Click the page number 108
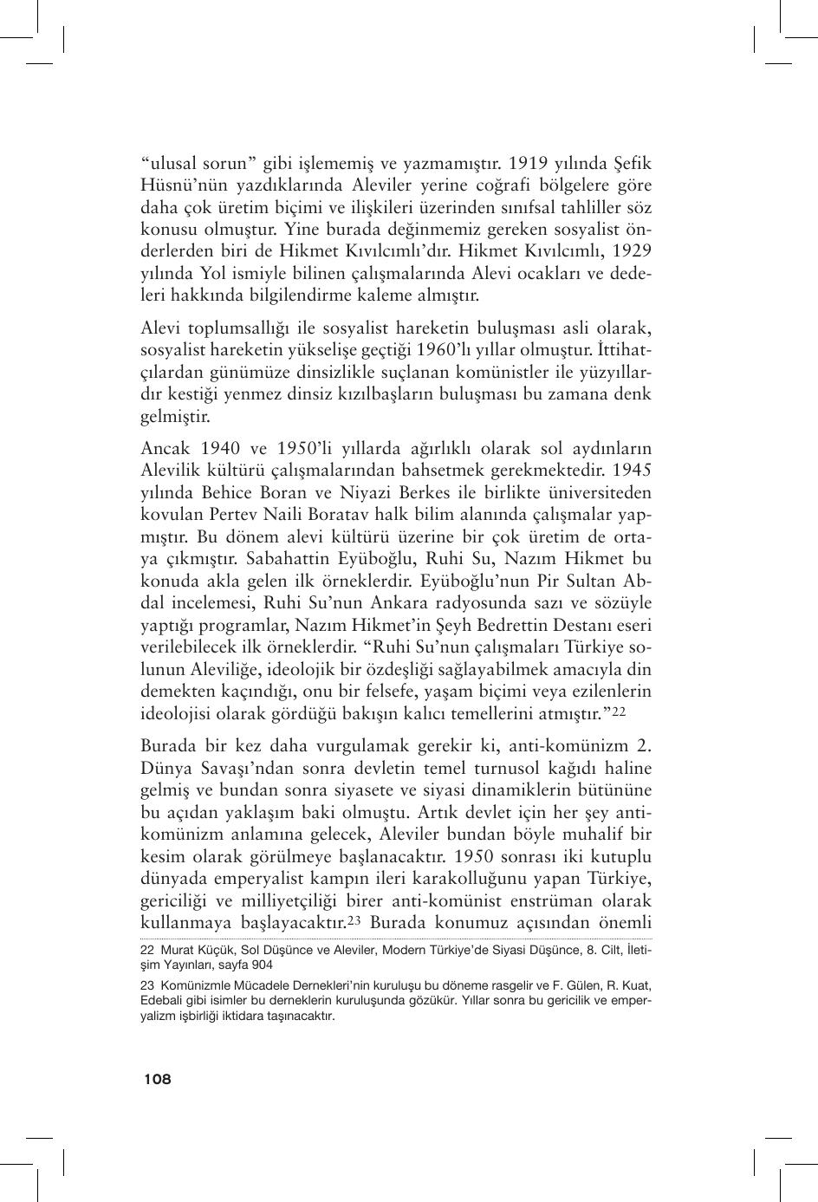[x=158, y=1079]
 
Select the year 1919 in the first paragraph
[x=529, y=163]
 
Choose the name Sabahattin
[x=282, y=559]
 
